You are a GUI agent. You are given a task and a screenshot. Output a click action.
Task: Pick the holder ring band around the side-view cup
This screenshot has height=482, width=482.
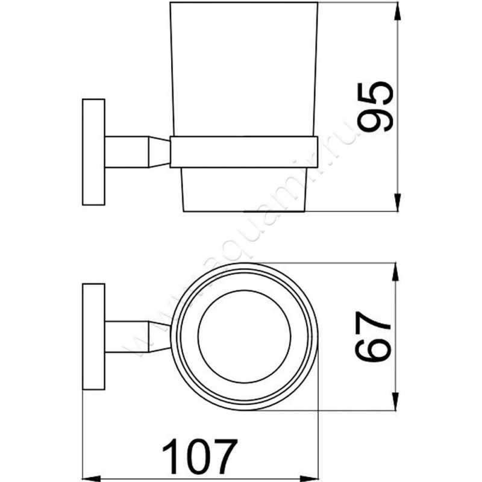[243, 151]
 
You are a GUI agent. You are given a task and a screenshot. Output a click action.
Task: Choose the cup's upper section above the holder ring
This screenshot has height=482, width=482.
[243, 72]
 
